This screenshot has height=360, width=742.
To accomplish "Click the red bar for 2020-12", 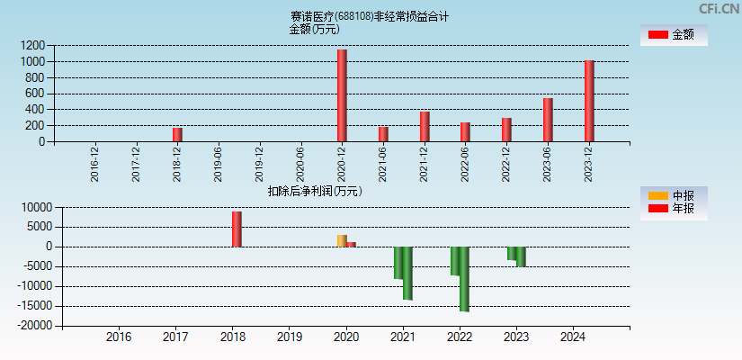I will click(342, 95).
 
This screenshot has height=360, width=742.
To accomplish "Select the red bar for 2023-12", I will click(589, 101).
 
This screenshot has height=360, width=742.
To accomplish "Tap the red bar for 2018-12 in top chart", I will click(177, 134).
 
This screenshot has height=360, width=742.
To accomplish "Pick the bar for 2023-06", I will click(548, 120).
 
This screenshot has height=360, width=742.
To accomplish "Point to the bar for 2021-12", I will click(425, 126).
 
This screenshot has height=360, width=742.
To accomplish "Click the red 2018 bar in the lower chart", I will click(237, 229).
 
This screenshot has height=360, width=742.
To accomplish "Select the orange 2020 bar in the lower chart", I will click(342, 240).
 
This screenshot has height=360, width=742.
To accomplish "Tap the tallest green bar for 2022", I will click(464, 279).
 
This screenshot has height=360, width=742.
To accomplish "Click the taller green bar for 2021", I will click(407, 273).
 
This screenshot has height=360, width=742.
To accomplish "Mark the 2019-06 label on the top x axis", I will click(219, 165).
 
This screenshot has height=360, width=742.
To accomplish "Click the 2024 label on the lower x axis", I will click(572, 337).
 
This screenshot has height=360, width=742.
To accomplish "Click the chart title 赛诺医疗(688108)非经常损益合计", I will click(369, 16).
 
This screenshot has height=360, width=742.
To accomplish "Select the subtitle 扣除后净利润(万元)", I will click(315, 191).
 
